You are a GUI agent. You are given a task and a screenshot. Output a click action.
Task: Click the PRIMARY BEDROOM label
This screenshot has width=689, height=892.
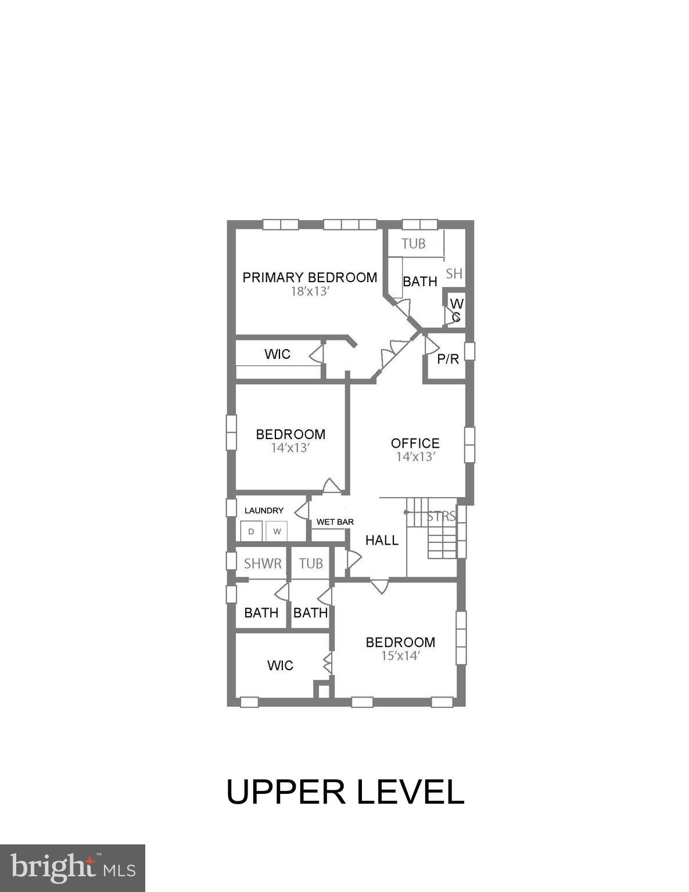(x=310, y=277)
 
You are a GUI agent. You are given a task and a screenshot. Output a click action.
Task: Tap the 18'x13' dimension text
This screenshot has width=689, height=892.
(x=310, y=292)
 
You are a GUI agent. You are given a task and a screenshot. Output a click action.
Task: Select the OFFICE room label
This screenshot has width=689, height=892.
(x=415, y=443)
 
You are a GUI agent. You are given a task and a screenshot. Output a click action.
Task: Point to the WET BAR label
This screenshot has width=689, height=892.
(x=335, y=522)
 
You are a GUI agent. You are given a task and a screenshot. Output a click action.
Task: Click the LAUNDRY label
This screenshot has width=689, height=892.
(x=264, y=510)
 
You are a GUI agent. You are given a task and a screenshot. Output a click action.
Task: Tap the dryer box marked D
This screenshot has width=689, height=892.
(x=251, y=531)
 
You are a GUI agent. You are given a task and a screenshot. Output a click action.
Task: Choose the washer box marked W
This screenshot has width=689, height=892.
(x=277, y=531)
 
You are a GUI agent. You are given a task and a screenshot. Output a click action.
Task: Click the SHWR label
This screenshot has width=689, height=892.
(x=263, y=563)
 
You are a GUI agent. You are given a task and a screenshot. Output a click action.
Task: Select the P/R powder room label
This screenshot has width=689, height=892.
(x=448, y=359)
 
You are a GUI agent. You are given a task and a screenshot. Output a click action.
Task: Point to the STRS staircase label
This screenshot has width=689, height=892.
(x=441, y=516)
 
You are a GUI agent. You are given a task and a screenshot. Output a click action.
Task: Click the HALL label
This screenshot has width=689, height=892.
(x=382, y=540)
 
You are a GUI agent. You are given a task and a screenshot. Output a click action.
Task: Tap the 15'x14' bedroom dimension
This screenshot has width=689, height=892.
(x=400, y=656)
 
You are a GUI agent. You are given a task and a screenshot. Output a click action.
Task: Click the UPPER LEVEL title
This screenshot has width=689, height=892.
(x=345, y=792)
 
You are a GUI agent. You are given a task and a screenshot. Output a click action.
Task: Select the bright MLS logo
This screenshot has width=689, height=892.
(x=73, y=868)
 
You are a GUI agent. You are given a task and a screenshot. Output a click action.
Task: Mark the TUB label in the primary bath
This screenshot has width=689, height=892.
(x=414, y=243)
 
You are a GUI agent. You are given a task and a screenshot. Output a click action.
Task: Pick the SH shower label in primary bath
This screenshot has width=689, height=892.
(x=454, y=274)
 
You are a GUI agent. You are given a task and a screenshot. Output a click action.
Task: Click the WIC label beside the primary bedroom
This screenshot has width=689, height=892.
(x=277, y=354)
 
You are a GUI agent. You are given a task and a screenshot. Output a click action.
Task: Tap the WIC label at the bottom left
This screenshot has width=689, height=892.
(x=280, y=666)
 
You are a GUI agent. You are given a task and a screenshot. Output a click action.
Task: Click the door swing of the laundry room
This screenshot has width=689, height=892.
(x=302, y=511)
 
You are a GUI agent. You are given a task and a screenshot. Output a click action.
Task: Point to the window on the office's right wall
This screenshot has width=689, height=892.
(x=469, y=445)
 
